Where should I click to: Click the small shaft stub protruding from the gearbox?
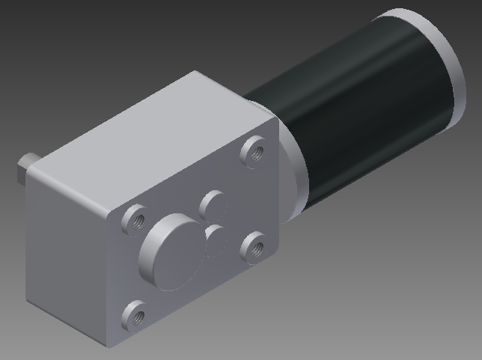pyautogui.click(x=24, y=169)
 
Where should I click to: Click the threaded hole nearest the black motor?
pyautogui.click(x=253, y=152)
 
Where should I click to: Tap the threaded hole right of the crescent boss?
pyautogui.click(x=254, y=244)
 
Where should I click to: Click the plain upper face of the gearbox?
pyautogui.click(x=150, y=127)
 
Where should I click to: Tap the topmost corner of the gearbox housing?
pyautogui.click(x=196, y=72)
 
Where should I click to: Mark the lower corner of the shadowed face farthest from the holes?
pyautogui.click(x=28, y=302)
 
